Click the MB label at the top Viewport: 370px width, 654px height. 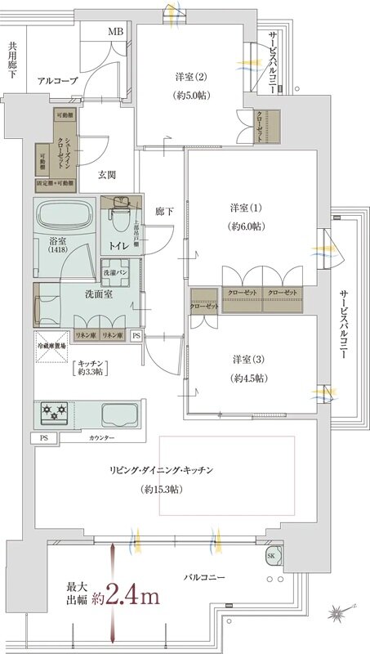click(x=117, y=33)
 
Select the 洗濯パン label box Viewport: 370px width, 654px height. click(x=113, y=271)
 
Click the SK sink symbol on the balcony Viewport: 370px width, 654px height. click(x=270, y=557)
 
